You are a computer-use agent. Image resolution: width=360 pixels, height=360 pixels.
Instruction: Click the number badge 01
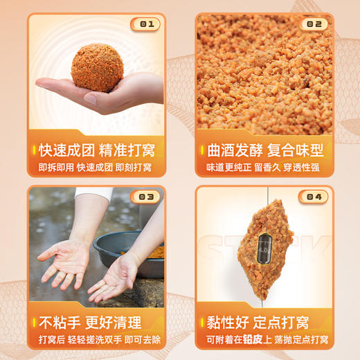[145, 24]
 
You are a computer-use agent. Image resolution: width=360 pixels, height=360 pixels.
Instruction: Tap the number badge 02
[314, 24]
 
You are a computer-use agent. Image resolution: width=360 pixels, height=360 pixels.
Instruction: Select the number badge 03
[145, 197]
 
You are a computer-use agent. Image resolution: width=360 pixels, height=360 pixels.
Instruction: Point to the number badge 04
[314, 197]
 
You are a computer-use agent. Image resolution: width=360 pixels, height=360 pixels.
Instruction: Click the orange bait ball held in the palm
[97, 68]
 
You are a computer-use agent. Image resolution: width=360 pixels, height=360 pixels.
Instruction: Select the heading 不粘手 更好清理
[91, 323]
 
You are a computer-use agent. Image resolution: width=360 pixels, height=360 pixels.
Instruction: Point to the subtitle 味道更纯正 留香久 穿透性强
[263, 168]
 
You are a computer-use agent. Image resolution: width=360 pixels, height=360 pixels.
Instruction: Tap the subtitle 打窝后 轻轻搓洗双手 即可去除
[96, 340]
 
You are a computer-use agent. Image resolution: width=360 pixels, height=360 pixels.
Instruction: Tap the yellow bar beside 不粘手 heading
[33, 323]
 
